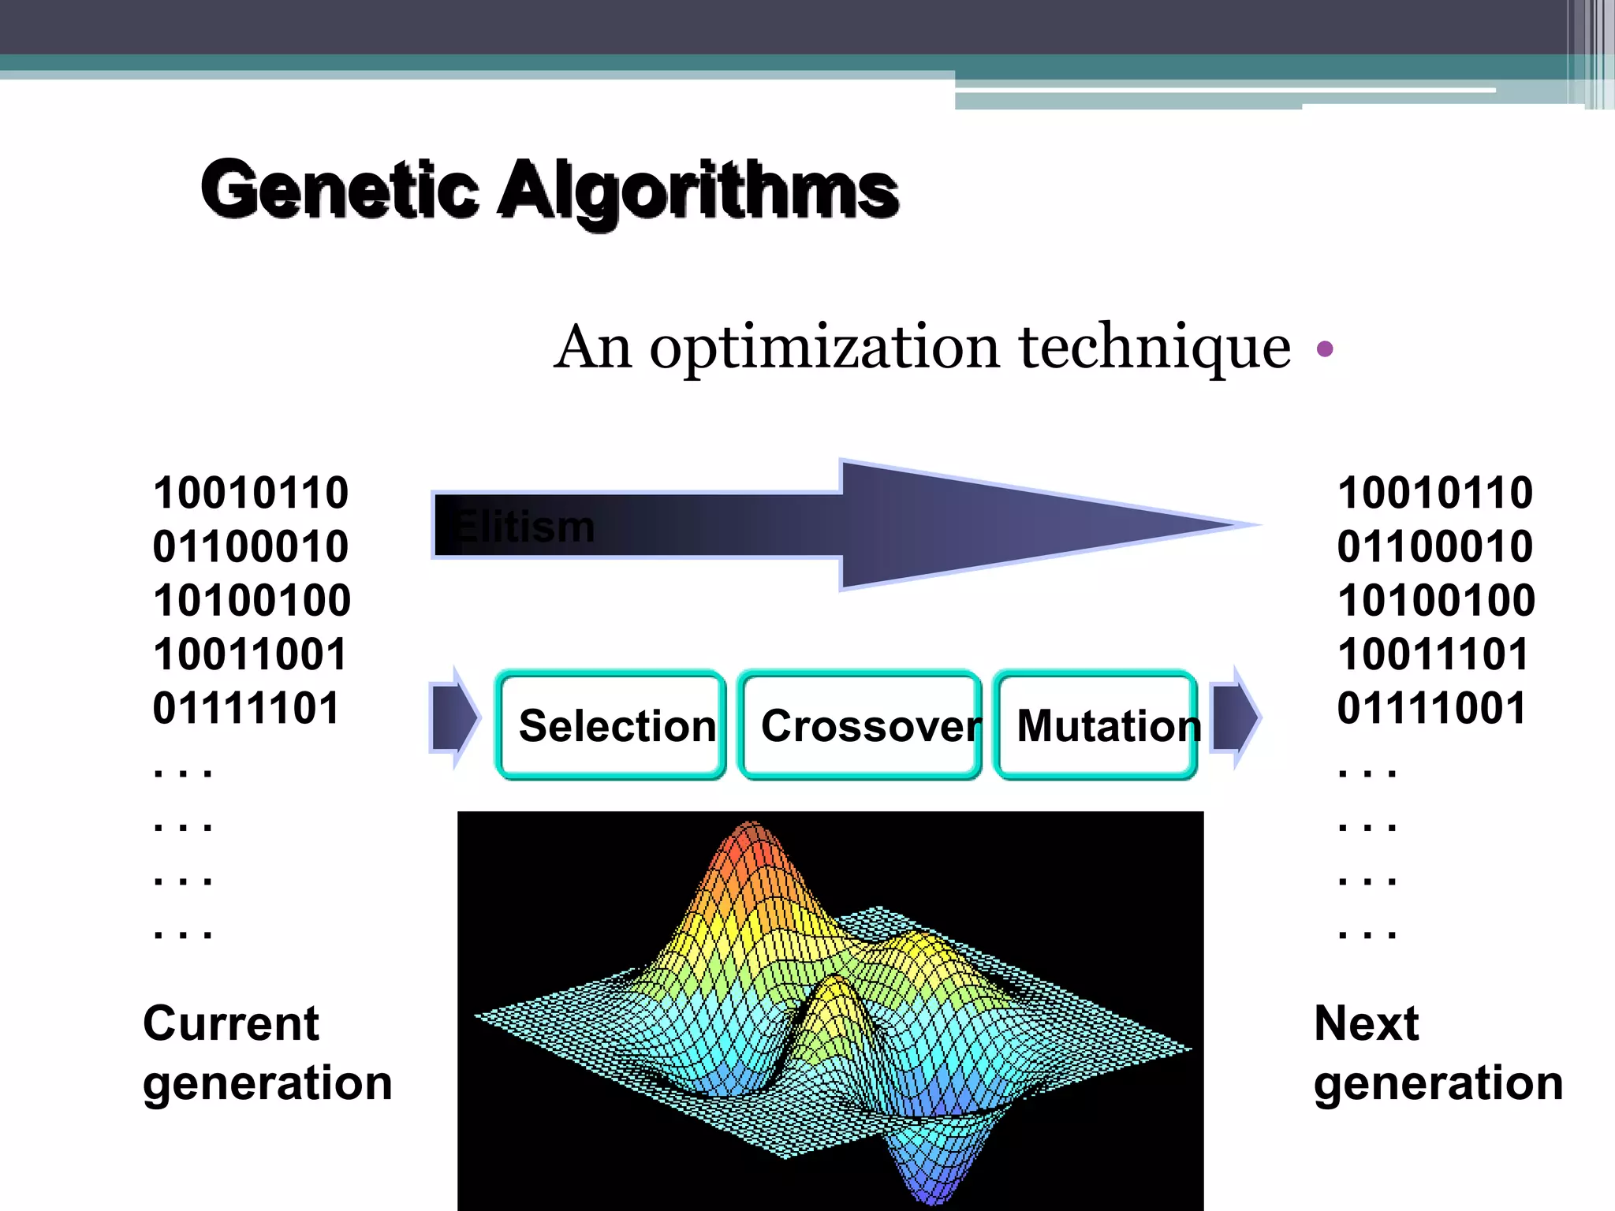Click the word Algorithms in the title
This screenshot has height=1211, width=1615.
pyautogui.click(x=698, y=191)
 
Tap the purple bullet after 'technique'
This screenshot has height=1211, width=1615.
pyautogui.click(x=1325, y=348)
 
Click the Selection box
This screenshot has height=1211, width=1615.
pyautogui.click(x=611, y=725)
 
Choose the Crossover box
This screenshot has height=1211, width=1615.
pyautogui.click(x=860, y=725)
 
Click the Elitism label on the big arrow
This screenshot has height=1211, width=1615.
pyautogui.click(x=524, y=526)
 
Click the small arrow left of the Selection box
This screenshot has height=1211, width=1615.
pyautogui.click(x=454, y=717)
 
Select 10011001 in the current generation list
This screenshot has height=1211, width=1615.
pyautogui.click(x=250, y=654)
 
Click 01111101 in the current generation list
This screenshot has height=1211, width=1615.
pyautogui.click(x=246, y=708)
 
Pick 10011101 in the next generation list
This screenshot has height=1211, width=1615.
pyautogui.click(x=1433, y=654)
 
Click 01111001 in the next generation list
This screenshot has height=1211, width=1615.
pyautogui.click(x=1431, y=708)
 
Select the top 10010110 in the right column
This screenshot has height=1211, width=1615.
pyautogui.click(x=1434, y=493)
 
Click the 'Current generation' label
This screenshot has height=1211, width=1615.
pyautogui.click(x=267, y=1053)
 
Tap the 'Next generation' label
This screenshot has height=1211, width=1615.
pyautogui.click(x=1437, y=1053)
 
